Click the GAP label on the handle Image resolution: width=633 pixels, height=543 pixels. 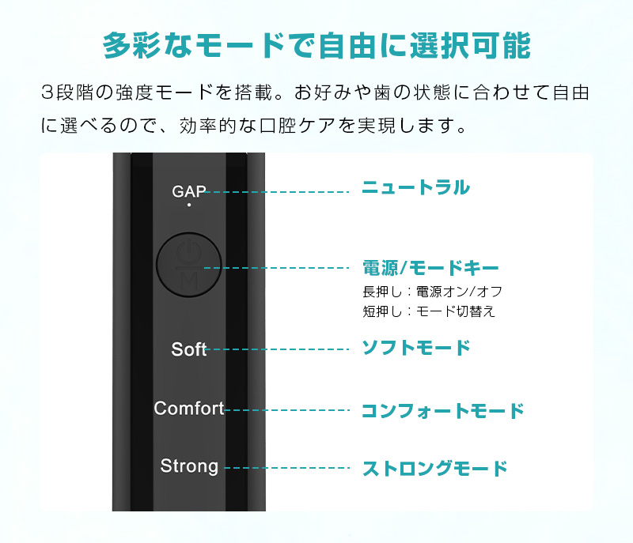pos(189,191)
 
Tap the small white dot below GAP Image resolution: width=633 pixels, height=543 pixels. pos(189,205)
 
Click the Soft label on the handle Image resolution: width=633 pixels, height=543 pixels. pos(189,349)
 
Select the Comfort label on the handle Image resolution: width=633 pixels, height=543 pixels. pos(189,409)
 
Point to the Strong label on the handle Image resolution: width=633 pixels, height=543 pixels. pos(189,466)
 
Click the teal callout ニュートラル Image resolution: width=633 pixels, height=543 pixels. pos(416,187)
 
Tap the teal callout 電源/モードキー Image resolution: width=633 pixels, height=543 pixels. pos(430,268)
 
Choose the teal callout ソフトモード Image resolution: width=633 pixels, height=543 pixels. pos(416,348)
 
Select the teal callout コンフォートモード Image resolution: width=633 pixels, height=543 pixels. pos(443,411)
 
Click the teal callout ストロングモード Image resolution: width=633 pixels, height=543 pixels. pos(434,469)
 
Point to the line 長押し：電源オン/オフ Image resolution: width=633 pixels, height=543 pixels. pos(432,292)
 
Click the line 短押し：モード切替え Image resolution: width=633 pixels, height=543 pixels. pos(429,311)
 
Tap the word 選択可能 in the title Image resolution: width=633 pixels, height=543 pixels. pos(470,45)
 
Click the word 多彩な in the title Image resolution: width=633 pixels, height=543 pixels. pos(148,45)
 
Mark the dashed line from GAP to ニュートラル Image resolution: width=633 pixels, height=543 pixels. pos(277,192)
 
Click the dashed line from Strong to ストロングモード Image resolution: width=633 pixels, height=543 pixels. pos(286,468)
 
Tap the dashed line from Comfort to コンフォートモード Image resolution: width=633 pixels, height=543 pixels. pos(286,410)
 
